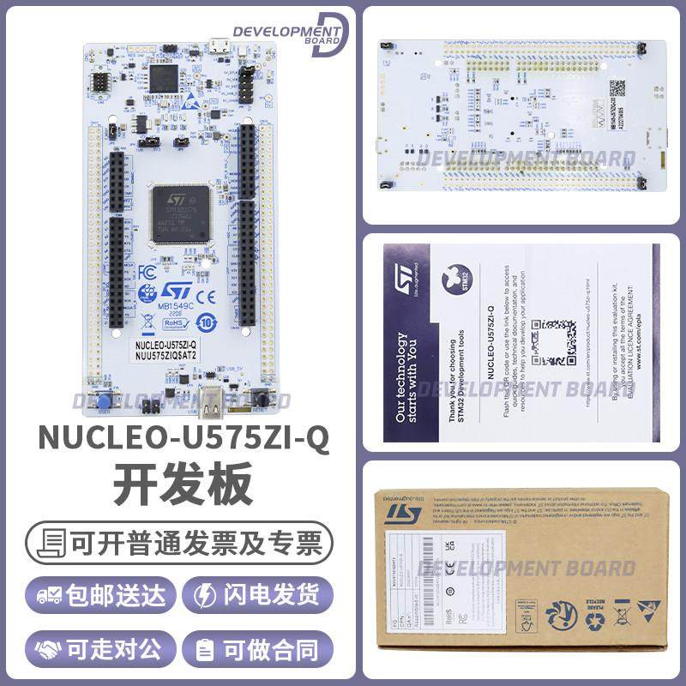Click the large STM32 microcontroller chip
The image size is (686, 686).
[180, 213]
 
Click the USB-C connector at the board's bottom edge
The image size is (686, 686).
[211, 400]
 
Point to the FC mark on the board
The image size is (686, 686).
[147, 271]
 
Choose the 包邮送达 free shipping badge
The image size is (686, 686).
[101, 595]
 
